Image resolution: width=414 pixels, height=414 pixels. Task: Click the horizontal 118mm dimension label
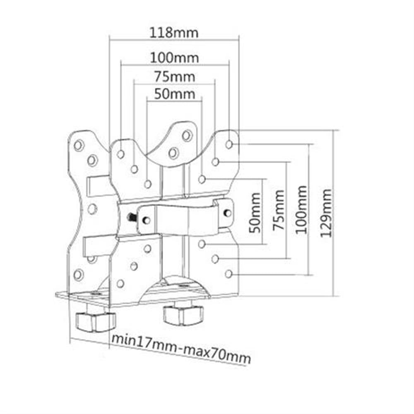pyautogui.click(x=174, y=32)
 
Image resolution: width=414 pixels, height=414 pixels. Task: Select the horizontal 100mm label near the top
pyautogui.click(x=174, y=57)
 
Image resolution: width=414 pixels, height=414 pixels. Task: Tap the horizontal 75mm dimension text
pyautogui.click(x=174, y=77)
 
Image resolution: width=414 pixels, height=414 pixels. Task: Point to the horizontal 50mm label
pyautogui.click(x=174, y=94)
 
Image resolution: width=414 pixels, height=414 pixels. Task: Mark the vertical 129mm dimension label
pyautogui.click(x=327, y=213)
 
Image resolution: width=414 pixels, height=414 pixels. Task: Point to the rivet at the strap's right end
pyautogui.click(x=227, y=212)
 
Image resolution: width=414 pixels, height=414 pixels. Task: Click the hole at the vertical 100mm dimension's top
pyautogui.click(x=229, y=144)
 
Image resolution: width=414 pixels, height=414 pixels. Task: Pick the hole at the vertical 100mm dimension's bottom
pyautogui.click(x=228, y=274)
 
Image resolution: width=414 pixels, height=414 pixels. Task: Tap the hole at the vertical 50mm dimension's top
pyautogui.click(x=202, y=179)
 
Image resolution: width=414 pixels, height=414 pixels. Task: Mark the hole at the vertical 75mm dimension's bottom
pyautogui.click(x=215, y=259)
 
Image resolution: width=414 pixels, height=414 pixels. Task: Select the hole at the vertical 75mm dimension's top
pyautogui.click(x=215, y=161)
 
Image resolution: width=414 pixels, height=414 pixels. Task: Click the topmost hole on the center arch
pyautogui.click(x=187, y=135)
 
